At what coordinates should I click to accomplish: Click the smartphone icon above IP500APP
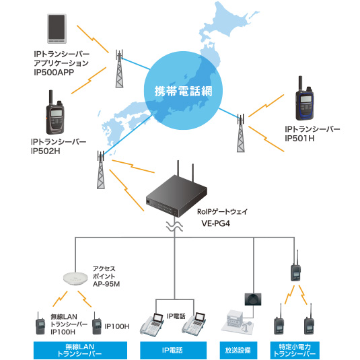point(57,29)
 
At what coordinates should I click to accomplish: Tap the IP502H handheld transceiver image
point(55,112)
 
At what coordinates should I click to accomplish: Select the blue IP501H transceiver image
point(304,99)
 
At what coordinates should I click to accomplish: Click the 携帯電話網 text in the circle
point(183,92)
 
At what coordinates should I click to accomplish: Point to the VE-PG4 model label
point(215,223)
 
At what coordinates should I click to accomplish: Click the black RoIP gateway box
point(176,193)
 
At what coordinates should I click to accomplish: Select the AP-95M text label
point(106,284)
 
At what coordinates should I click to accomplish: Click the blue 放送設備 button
point(238,351)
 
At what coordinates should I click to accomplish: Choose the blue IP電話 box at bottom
point(174,351)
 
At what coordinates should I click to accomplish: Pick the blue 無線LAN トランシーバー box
point(80,351)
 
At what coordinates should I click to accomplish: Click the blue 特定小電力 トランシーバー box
point(295,351)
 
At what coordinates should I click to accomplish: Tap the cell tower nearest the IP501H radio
point(241,133)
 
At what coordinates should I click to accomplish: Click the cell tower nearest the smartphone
point(119,69)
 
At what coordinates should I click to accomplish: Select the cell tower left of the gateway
point(101,170)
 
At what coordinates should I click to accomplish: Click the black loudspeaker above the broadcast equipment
point(253,299)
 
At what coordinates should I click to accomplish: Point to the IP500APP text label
point(54,72)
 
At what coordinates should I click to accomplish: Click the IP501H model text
point(299,139)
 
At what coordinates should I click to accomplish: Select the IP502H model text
point(46,151)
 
